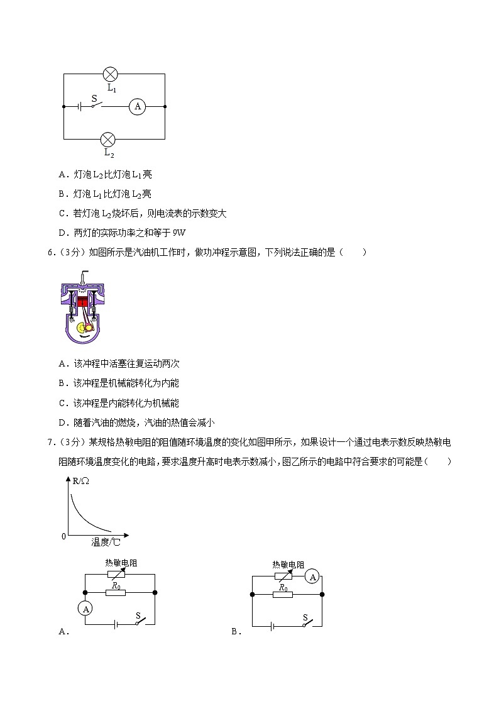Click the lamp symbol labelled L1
(x=111, y=74)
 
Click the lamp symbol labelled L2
(x=108, y=139)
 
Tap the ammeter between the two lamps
(x=137, y=107)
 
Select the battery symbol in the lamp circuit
(x=80, y=107)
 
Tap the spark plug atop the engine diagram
(x=82, y=276)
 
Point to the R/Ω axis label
(x=81, y=482)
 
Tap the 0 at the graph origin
(x=63, y=536)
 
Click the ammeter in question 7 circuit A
(x=86, y=609)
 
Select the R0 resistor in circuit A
(x=115, y=592)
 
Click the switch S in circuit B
(x=306, y=623)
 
